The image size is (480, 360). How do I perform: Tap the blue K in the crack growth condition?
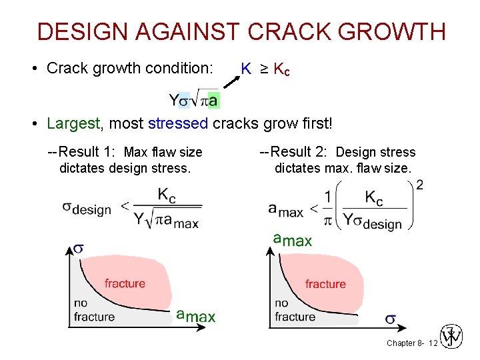(246, 69)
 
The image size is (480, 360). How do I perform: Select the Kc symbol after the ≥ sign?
(281, 69)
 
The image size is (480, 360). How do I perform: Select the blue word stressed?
(178, 123)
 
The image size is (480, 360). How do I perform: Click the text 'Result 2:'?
(298, 152)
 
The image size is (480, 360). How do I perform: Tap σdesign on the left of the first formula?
(87, 208)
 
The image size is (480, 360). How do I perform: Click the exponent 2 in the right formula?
(419, 185)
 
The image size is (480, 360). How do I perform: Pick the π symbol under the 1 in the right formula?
(328, 219)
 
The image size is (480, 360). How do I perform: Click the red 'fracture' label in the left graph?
(125, 283)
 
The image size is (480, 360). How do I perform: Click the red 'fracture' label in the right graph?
(325, 284)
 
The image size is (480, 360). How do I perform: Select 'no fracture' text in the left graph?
(93, 310)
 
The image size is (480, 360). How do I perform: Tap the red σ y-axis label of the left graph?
(78, 248)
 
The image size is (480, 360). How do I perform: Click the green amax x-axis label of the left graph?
(195, 315)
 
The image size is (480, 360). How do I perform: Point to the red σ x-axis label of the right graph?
(390, 320)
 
